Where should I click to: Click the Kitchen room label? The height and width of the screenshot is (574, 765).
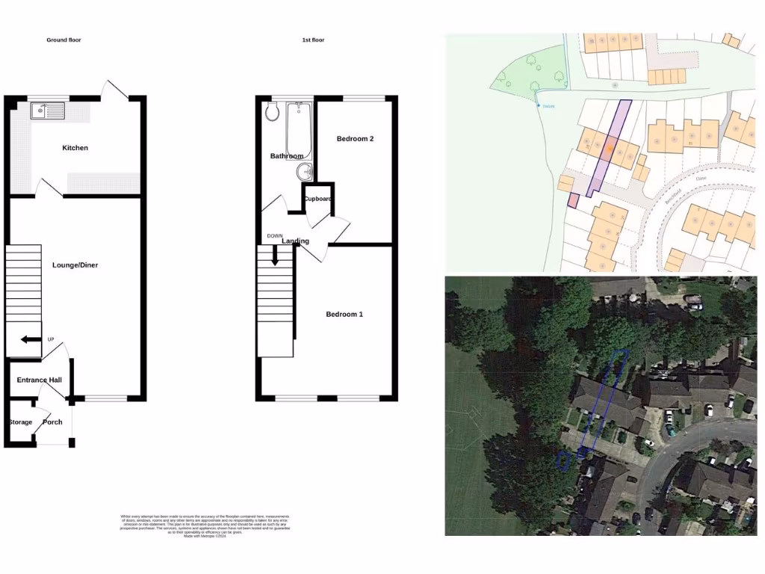click(75, 148)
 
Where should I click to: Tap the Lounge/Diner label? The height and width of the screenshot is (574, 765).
click(75, 265)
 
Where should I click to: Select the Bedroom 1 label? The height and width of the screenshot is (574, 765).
click(344, 315)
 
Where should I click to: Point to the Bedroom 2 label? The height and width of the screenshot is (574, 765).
click(355, 139)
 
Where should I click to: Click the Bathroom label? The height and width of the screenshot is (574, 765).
click(287, 156)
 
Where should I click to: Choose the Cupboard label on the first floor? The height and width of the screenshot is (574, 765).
click(318, 199)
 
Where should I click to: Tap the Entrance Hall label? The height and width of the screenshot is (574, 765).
click(39, 380)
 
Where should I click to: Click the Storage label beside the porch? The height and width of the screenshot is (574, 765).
click(20, 422)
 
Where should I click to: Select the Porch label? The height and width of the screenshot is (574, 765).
click(52, 422)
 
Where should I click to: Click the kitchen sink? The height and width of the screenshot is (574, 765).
click(49, 112)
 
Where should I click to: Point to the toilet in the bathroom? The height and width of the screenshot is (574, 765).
click(272, 112)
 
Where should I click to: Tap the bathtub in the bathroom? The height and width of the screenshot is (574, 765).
click(298, 131)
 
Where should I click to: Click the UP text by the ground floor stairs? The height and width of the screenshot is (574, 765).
click(51, 340)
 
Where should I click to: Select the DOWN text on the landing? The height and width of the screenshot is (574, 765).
click(275, 236)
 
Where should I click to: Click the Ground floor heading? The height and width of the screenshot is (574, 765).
click(64, 40)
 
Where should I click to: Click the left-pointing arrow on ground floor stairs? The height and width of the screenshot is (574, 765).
click(31, 340)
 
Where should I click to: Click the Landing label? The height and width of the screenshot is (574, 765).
click(296, 241)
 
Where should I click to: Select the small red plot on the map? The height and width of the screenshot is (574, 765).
click(573, 200)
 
